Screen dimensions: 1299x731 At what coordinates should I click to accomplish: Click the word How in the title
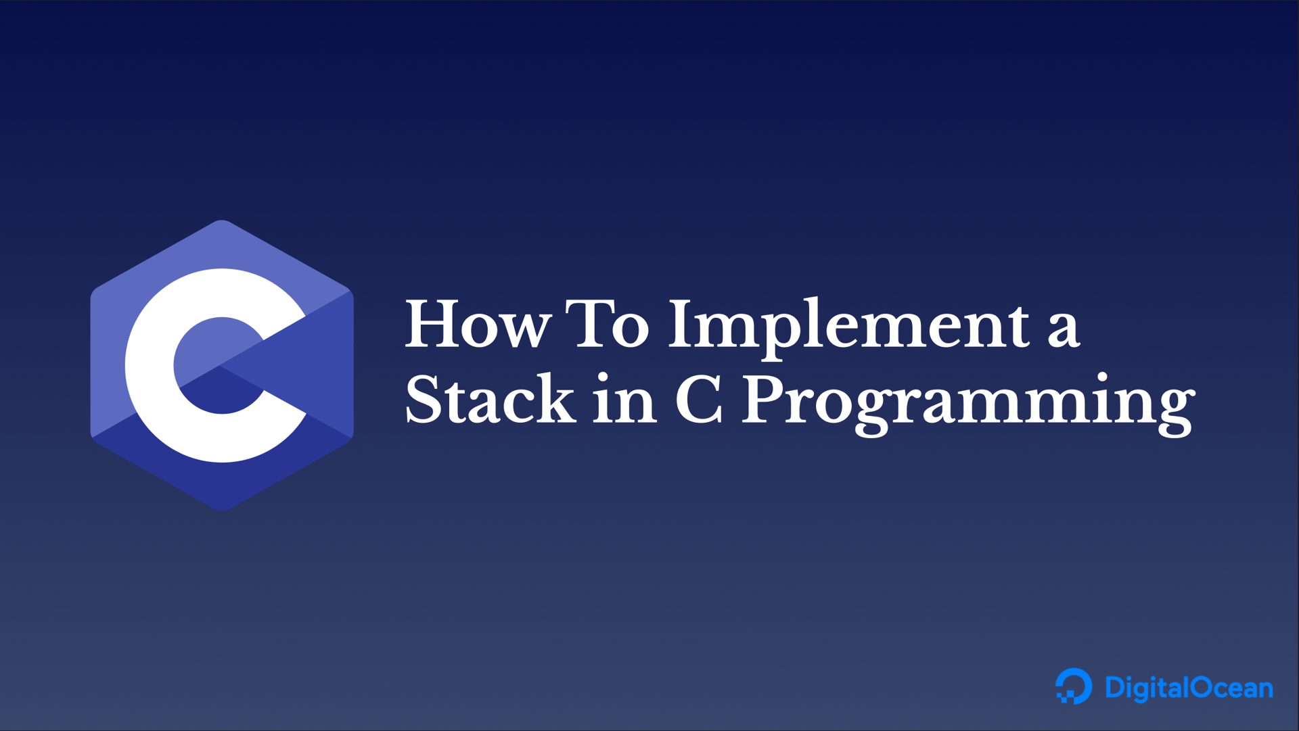click(x=478, y=325)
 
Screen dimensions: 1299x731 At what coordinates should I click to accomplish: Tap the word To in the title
click(x=607, y=325)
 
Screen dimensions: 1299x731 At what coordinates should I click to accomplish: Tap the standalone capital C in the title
click(x=700, y=400)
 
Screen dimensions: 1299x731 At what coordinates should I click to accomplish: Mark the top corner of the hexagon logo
click(x=222, y=220)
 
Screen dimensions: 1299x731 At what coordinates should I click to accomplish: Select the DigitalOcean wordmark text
click(x=1189, y=688)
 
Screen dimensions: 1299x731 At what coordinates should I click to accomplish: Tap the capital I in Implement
click(x=683, y=325)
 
